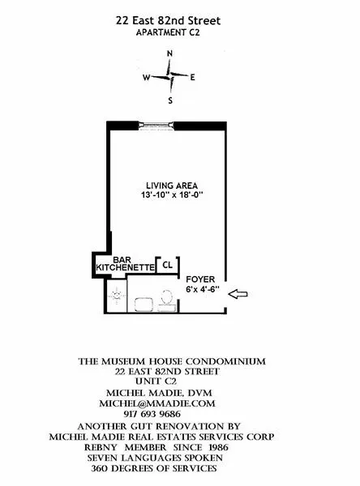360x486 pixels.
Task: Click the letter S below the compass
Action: point(170,101)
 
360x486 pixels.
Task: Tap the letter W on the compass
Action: point(147,79)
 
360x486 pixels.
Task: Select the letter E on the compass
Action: point(193,78)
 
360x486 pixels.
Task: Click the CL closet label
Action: point(167,265)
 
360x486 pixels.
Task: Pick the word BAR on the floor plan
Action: point(122,258)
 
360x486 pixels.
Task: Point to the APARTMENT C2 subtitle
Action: point(170,32)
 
